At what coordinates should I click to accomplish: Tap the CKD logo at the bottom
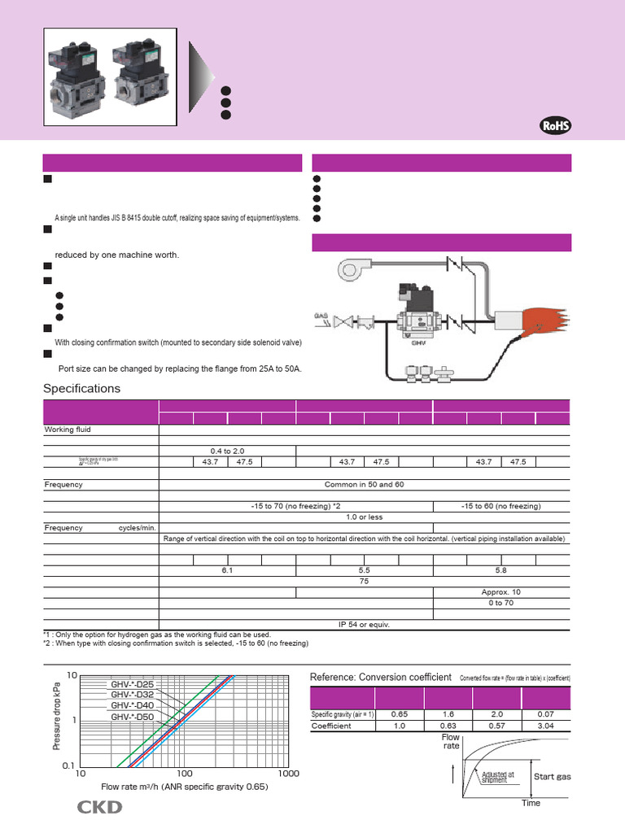pyautogui.click(x=99, y=807)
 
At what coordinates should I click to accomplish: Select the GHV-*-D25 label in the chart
pyautogui.click(x=132, y=685)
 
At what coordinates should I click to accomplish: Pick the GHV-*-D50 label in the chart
pyautogui.click(x=132, y=717)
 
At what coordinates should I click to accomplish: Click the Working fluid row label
pyautogui.click(x=68, y=430)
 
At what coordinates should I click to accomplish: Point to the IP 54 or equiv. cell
pyautogui.click(x=364, y=624)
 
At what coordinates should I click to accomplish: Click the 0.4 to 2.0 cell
pyautogui.click(x=227, y=450)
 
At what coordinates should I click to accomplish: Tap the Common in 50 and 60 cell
pyautogui.click(x=364, y=484)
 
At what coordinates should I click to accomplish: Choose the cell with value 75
pyautogui.click(x=364, y=582)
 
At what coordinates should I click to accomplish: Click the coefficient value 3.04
pyautogui.click(x=547, y=726)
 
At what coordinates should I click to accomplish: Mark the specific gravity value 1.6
pyautogui.click(x=448, y=713)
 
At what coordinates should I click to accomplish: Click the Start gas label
pyautogui.click(x=552, y=777)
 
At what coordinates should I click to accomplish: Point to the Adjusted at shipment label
pyautogui.click(x=497, y=777)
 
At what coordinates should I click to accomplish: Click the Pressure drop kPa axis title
pyautogui.click(x=56, y=716)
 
